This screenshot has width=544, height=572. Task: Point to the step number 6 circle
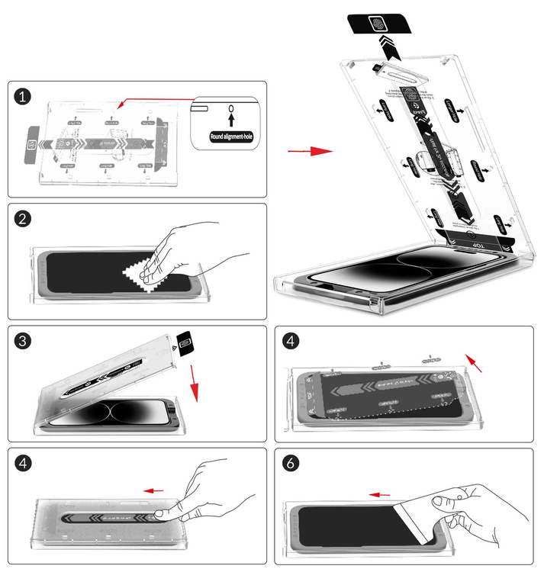pos(291,463)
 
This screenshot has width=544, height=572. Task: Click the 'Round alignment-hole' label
pos(230,137)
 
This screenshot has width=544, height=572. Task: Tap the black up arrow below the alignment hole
pos(230,121)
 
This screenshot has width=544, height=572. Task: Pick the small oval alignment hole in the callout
pos(230,109)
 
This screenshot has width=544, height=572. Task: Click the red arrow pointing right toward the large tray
pos(310,152)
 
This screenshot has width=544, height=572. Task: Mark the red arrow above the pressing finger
pos(155,490)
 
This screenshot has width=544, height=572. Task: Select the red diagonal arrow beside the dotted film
pos(475,364)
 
